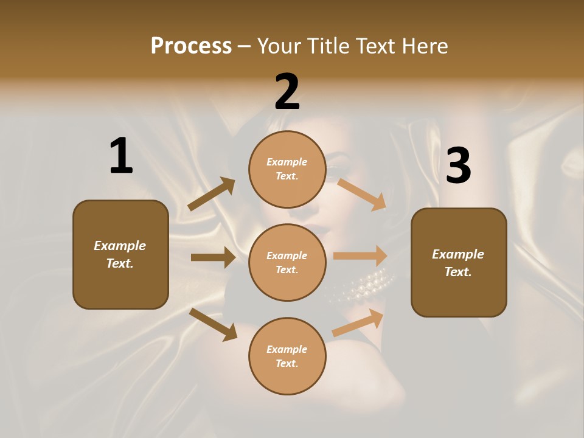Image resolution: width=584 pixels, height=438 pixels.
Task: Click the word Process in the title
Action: point(191,46)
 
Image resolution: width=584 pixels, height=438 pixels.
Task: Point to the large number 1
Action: point(121,156)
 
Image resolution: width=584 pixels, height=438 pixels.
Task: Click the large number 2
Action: point(287,92)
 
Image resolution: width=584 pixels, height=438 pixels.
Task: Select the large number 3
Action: point(458,165)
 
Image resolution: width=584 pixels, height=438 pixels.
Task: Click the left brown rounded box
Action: point(120,254)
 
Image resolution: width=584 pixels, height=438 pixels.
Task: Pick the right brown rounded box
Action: point(459,263)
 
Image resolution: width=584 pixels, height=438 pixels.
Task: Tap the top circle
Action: point(287,169)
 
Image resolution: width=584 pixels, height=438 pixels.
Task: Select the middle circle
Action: point(287,263)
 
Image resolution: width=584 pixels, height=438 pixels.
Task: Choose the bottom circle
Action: point(287,356)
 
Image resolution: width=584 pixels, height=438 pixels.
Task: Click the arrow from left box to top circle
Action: point(211,194)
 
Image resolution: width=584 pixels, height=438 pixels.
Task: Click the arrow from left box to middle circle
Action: point(213,257)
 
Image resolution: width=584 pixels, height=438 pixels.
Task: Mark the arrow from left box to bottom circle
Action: point(213,324)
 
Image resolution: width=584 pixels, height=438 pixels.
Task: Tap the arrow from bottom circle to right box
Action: point(358,323)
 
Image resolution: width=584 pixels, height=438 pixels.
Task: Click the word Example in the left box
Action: point(120,246)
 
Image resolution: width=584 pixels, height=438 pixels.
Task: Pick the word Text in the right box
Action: point(457,272)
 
